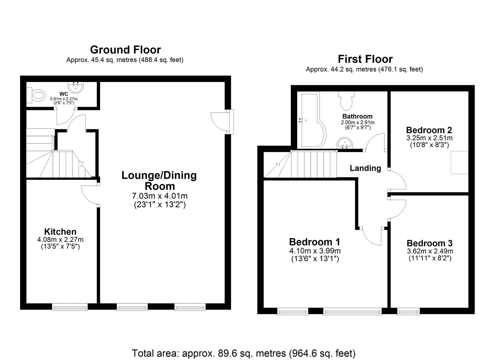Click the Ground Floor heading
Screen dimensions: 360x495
coord(125,50)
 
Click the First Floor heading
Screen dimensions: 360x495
coord(365,59)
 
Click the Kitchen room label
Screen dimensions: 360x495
coord(60,232)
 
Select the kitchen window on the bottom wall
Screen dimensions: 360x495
coord(70,307)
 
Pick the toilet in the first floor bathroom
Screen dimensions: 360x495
coord(346,101)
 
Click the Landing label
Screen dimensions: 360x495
coord(365,168)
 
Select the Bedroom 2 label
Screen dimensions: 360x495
coord(429,130)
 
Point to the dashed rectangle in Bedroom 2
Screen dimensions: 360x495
coord(459,162)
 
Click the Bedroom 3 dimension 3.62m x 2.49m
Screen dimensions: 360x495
coord(430,251)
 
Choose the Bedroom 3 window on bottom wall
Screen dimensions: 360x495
coord(408,312)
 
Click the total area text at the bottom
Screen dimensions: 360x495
coord(244,353)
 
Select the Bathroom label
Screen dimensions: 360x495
coord(357,116)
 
